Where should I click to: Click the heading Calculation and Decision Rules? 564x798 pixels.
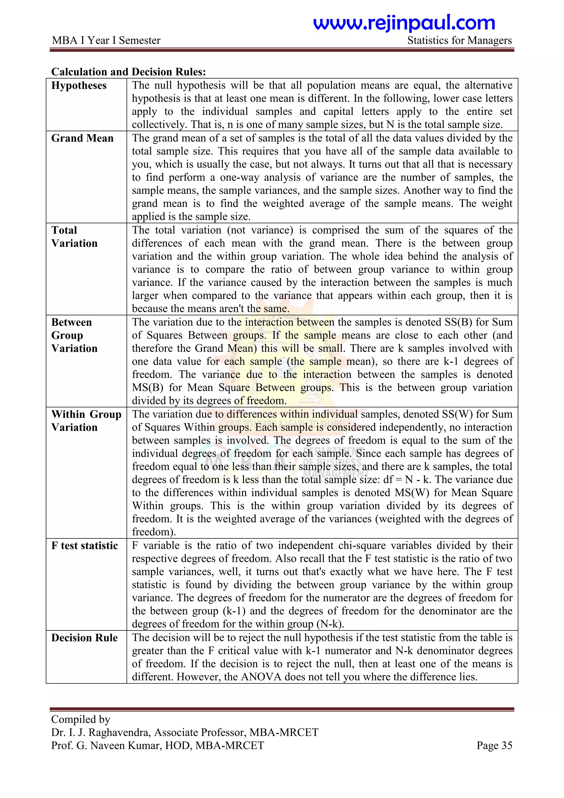point(129,72)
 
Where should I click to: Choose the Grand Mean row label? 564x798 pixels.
point(82,138)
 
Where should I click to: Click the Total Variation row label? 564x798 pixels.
point(74,237)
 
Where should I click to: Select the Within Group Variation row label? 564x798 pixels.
point(86,420)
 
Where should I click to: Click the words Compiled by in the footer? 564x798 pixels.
point(81,719)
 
